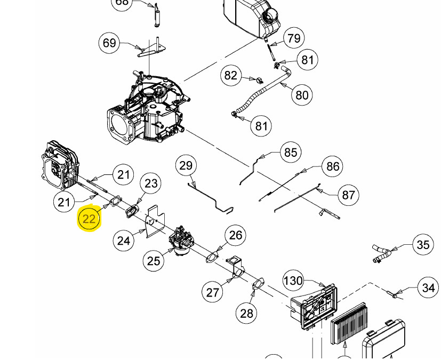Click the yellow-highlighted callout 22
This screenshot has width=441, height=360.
coord(89,219)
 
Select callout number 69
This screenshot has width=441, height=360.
coord(109,43)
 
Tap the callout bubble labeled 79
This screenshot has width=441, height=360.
coord(294,38)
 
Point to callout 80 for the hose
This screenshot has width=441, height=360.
coord(302,95)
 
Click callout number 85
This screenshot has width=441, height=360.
coord(290,153)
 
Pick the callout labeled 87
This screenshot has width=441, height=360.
coord(348,195)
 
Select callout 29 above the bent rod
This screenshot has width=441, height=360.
coord(186,165)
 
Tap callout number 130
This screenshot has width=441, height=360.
coord(293,281)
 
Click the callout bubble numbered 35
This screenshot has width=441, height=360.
coord(423,245)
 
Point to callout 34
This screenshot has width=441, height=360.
coord(428,288)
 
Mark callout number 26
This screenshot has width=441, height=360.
coord(235,235)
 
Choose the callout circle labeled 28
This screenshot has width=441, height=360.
coord(246,313)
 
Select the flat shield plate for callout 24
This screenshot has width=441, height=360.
coord(155,221)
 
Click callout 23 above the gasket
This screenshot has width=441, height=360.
coord(151,183)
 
